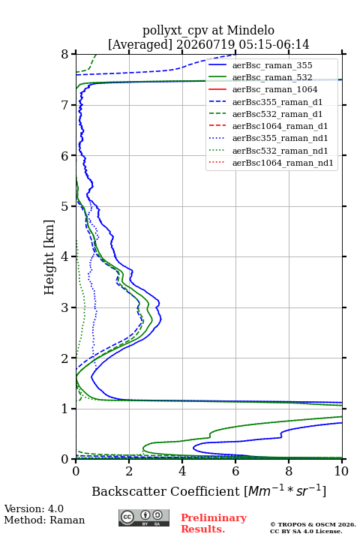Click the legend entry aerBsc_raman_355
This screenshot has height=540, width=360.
pos(272,65)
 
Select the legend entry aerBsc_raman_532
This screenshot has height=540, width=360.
pos(272,77)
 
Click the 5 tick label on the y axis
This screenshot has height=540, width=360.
pos(65,207)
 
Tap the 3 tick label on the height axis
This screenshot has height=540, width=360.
pos(65,307)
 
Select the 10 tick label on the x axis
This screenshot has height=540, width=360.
pos(341,471)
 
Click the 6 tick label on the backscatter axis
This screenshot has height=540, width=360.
pos(235,471)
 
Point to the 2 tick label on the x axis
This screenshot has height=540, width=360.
pos(129,471)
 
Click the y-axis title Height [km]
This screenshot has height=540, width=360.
pos(49,257)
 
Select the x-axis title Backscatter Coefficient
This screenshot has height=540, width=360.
pos(166,491)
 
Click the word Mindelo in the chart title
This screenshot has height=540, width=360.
pos(250,30)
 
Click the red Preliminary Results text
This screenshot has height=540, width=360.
pos(214,523)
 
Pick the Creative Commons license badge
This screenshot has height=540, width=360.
pos(144,517)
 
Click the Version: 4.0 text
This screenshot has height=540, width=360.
pos(34,508)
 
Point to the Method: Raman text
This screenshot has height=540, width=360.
pos(44,520)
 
